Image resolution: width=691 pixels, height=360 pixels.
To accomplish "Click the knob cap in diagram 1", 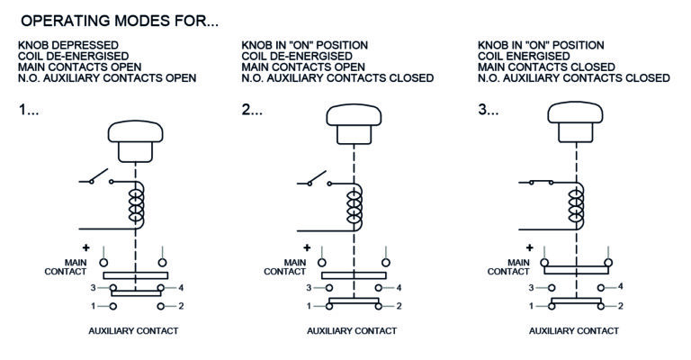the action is (135, 131).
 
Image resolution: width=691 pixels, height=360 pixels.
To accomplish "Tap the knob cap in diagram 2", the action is (354, 114).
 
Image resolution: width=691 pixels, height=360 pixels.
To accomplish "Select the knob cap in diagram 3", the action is (575, 112).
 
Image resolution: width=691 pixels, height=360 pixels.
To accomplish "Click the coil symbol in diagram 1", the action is (137, 205).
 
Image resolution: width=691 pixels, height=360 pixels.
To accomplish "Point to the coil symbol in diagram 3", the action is (577, 206).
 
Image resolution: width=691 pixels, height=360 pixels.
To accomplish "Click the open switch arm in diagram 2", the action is (318, 177).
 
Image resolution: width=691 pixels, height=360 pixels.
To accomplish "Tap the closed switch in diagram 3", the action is (542, 182).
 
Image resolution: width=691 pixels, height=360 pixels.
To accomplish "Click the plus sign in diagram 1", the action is (86, 247).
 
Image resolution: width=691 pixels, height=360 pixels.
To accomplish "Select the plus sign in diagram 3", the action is (530, 247).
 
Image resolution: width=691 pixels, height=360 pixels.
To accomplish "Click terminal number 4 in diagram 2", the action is (399, 288).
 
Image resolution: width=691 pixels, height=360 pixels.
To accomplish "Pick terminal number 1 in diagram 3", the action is (531, 306).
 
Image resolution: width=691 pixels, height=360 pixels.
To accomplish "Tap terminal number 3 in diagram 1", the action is (93, 288).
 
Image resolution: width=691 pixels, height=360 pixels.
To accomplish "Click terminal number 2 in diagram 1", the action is (181, 306).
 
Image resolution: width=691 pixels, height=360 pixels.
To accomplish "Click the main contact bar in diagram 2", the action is (354, 275).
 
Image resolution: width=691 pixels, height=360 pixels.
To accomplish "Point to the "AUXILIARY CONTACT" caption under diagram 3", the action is (574, 331).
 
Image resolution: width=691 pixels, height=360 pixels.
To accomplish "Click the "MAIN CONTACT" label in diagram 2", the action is (284, 267).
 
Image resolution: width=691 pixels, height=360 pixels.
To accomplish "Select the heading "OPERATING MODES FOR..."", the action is (120, 21).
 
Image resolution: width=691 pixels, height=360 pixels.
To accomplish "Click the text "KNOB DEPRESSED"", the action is (68, 45).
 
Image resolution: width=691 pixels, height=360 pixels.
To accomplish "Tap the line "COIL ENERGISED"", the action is (524, 57).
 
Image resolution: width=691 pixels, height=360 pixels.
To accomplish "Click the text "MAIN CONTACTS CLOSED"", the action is (546, 67).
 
